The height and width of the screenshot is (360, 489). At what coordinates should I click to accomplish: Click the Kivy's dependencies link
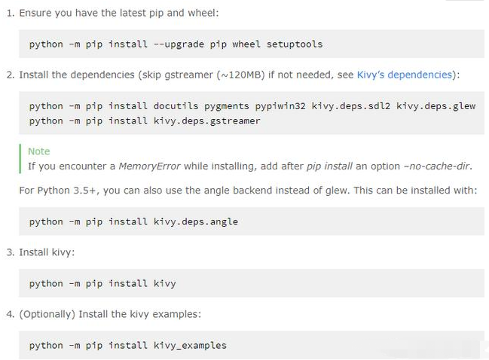(404, 75)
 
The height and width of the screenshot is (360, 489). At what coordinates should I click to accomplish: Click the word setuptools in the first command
(295, 44)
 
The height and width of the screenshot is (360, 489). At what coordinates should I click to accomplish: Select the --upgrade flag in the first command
(179, 44)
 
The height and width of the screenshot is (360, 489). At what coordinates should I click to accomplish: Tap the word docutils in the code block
(176, 106)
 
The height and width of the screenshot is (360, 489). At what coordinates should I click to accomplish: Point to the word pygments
(227, 107)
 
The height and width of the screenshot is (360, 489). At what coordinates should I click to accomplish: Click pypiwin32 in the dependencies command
(280, 107)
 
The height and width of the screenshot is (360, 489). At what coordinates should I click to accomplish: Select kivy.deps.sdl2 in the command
(351, 106)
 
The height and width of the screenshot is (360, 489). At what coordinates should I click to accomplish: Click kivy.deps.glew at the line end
(436, 107)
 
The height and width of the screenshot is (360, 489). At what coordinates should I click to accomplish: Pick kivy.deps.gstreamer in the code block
(206, 121)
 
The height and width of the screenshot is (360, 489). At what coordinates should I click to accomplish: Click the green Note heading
(39, 151)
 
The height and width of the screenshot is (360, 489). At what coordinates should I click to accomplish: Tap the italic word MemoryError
(149, 166)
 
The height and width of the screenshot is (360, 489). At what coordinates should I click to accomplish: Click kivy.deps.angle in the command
(196, 222)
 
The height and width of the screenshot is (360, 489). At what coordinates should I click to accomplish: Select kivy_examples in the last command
(190, 346)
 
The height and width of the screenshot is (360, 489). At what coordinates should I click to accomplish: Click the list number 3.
(10, 252)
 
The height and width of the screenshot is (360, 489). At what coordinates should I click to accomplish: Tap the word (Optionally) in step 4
(47, 314)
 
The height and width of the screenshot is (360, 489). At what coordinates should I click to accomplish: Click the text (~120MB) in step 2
(240, 75)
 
